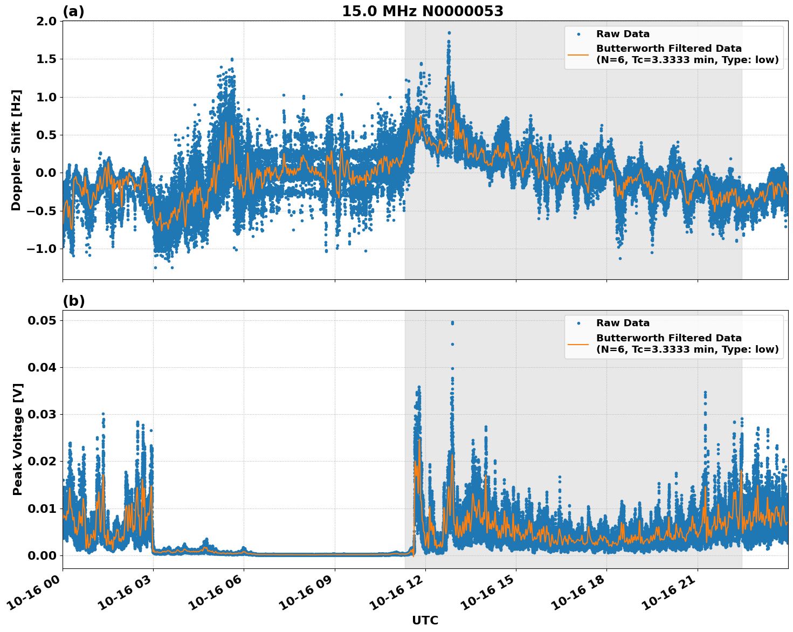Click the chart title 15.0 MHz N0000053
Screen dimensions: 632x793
pos(422,11)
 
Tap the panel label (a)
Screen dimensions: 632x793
pos(73,11)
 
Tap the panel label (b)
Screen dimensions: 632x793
pos(73,301)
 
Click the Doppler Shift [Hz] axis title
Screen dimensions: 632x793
pos(16,150)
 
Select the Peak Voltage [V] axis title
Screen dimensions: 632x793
pos(18,439)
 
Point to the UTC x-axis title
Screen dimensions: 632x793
pos(425,620)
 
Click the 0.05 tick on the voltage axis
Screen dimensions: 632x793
pos(42,320)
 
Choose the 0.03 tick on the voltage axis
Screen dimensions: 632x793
pos(42,414)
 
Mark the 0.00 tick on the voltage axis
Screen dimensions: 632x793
pos(42,555)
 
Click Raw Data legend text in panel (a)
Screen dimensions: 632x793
pos(623,34)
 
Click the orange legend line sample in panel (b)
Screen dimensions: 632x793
pos(578,344)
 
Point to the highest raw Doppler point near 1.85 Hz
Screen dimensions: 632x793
pos(449,33)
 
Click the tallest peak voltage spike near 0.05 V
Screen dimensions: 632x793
pos(452,322)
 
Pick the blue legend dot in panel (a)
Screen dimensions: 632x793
pos(578,34)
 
